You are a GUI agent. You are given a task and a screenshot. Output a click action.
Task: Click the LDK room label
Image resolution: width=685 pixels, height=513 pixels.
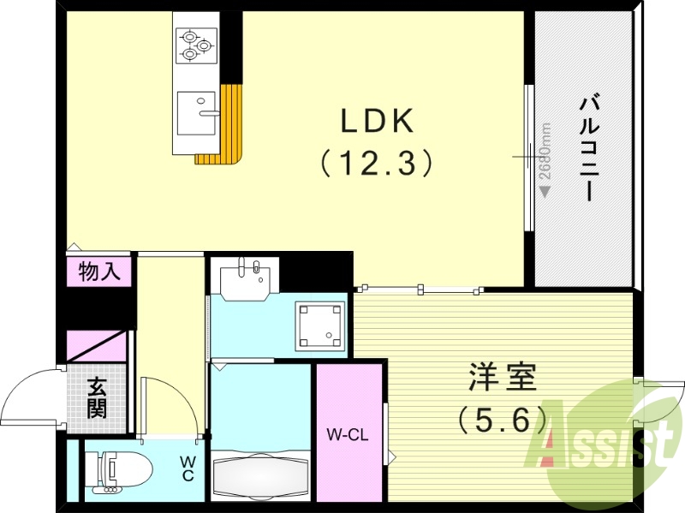coord(378,122)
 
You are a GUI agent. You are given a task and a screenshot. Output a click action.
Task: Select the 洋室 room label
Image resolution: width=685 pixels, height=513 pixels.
coord(502,378)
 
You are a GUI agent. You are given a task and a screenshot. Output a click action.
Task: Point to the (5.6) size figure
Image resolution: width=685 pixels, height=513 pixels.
coord(502,419)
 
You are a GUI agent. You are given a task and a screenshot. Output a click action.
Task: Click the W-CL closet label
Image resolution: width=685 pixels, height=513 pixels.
coord(347,434)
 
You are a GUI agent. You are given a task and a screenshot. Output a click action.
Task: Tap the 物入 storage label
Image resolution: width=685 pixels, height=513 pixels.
coord(99,272)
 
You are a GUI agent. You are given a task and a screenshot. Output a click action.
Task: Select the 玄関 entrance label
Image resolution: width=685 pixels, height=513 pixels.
coord(97,398)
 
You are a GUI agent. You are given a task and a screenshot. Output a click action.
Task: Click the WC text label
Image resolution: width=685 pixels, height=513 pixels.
coord(188,468)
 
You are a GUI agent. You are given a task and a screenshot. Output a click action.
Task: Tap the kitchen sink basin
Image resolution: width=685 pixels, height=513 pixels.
coord(196,111)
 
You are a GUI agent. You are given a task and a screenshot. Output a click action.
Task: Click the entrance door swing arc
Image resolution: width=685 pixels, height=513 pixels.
coord(30,394)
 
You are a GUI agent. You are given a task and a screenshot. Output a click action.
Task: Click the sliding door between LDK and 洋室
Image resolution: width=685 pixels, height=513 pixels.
coord(420,289)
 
